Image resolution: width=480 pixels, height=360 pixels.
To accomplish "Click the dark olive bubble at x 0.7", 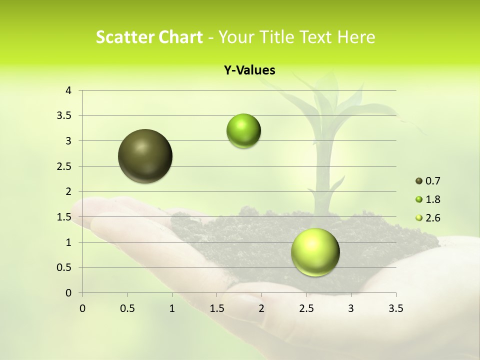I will pos(145,156).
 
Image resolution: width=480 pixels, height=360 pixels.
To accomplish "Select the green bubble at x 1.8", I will pos(243,131).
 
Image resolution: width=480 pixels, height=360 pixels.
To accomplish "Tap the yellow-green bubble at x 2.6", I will pos(315,252).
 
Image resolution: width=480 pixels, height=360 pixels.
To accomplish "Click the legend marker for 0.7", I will pos(419,181).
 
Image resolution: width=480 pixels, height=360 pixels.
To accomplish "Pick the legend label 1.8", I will pos(433,199).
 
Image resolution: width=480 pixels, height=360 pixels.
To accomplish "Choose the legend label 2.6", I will pos(433,218).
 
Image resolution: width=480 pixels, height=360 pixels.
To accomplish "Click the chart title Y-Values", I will pos(249,70).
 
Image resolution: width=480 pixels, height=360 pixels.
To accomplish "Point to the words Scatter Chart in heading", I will pos(149,37).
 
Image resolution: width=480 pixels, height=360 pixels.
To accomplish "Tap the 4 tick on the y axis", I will pos(68,90).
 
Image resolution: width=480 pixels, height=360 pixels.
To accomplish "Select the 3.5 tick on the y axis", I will pos(65,116).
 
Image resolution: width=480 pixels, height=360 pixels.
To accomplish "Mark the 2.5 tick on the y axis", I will pos(65,166).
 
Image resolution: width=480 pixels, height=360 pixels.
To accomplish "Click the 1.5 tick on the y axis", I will pos(65,217).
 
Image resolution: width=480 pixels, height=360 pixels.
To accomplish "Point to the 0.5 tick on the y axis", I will pos(65,267).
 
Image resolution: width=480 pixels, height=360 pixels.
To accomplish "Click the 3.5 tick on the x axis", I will pos(395,308).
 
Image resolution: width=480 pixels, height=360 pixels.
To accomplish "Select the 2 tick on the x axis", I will pos(261,308).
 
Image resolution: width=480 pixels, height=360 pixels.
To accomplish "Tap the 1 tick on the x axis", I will pos(172,308).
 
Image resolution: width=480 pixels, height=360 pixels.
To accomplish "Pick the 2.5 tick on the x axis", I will pos(306,308).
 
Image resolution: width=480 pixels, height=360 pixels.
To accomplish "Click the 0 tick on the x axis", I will pos(82,308).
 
